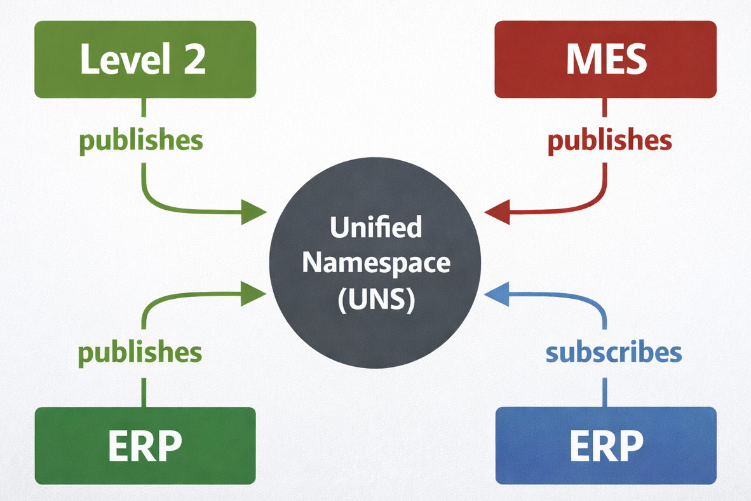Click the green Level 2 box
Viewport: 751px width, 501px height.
145,59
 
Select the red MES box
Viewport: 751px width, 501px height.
606,59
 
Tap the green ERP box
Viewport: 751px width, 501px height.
145,445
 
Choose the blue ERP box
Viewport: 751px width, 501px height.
606,445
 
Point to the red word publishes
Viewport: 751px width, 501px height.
609,141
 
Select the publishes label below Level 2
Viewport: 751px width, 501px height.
140,141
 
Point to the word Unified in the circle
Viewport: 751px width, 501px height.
375,227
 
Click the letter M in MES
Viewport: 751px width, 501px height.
579,59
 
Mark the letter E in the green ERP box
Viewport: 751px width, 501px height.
119,445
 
